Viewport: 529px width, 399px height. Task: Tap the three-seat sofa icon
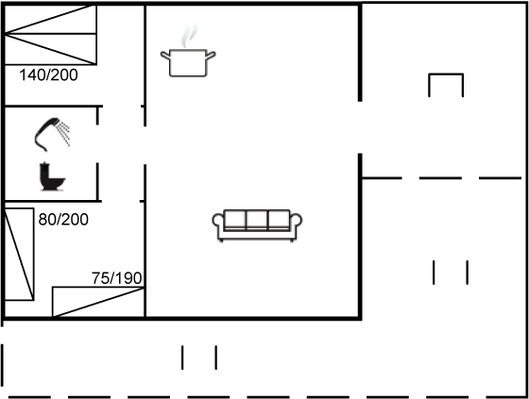point(257,225)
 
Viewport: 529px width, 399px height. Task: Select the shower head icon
point(52,134)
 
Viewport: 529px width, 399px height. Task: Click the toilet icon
point(52,176)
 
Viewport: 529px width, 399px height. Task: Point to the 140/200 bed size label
point(48,75)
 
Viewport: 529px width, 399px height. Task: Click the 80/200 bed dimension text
point(63,220)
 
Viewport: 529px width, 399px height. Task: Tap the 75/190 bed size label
point(117,278)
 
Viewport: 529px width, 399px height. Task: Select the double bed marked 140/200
point(51,34)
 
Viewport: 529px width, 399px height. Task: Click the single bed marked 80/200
point(19,254)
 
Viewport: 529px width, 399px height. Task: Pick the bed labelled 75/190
point(98,302)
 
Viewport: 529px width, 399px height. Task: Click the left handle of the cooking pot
point(165,55)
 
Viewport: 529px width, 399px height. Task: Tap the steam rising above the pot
point(188,36)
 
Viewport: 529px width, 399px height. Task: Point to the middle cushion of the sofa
point(257,220)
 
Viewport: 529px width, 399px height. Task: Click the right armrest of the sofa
point(296,222)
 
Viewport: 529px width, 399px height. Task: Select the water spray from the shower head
point(64,133)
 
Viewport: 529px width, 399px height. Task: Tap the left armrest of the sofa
point(218,222)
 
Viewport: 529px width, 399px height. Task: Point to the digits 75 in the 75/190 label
point(100,278)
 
